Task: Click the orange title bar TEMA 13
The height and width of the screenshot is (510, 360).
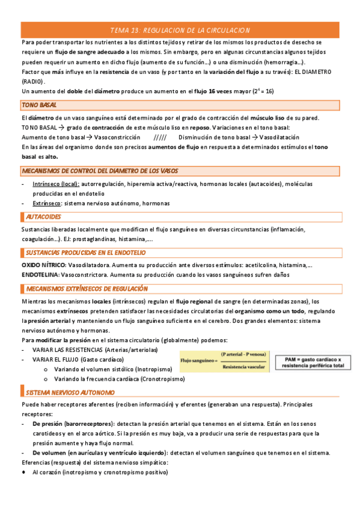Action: click(180, 30)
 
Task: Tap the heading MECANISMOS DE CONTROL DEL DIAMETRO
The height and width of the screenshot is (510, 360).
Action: click(100, 171)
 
